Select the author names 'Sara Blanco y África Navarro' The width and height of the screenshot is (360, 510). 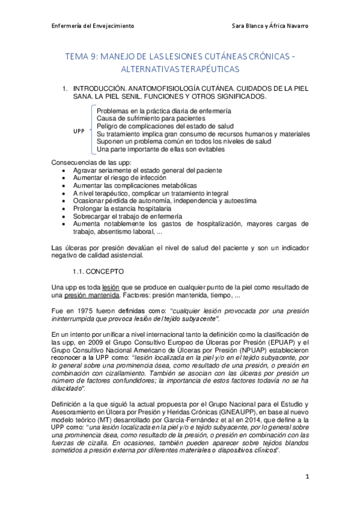pos(270,26)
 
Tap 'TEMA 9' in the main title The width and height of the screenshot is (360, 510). pos(82,57)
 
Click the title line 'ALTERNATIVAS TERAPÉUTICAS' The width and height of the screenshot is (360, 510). pos(180,69)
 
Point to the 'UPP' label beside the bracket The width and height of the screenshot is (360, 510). pos(78,130)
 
